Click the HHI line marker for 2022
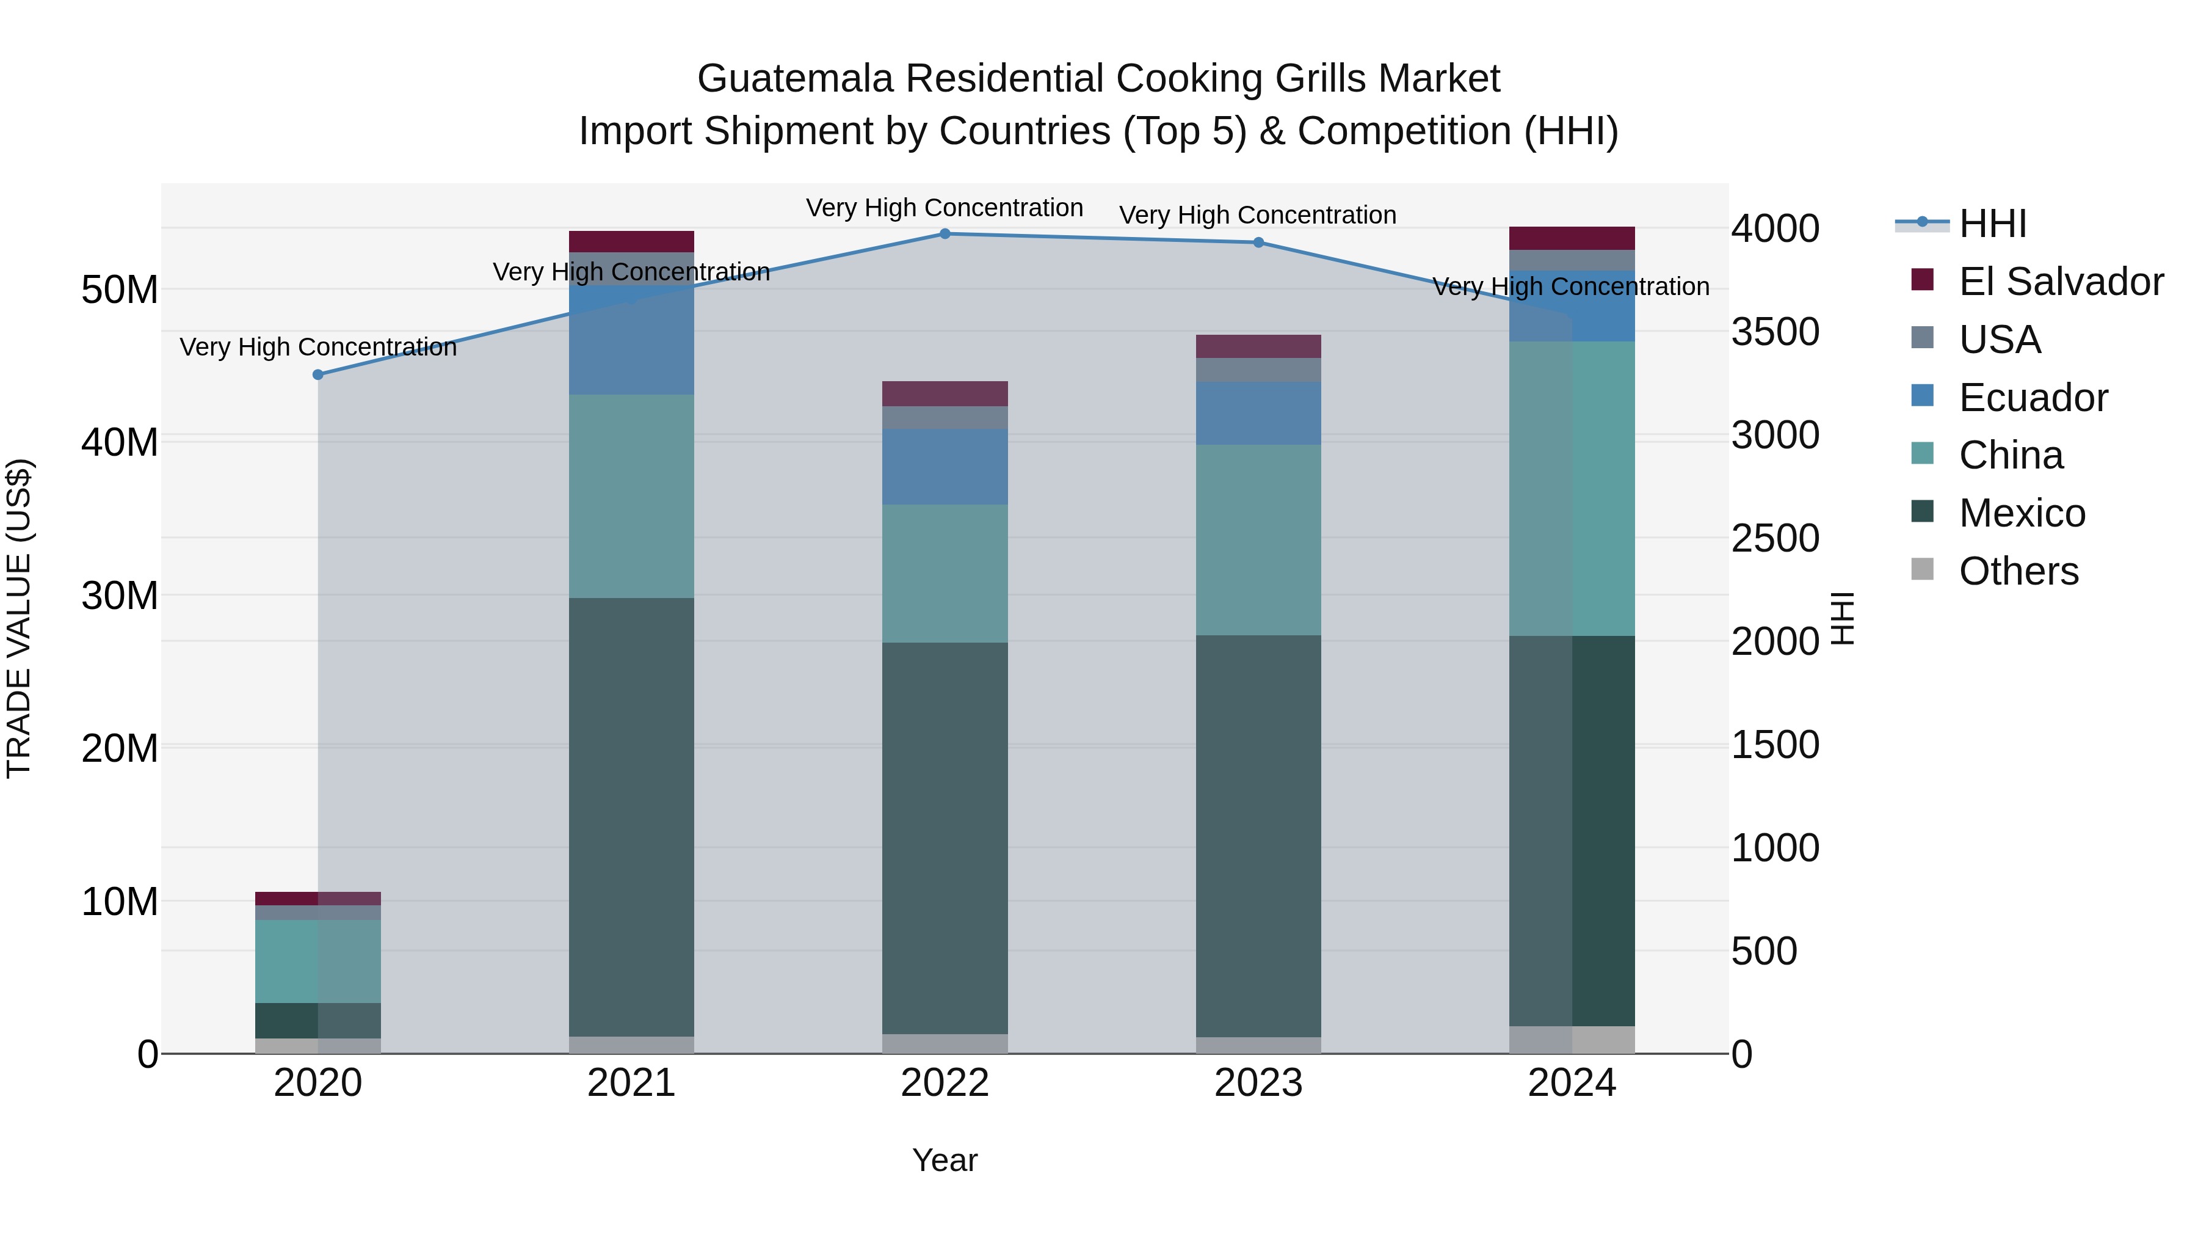pyautogui.click(x=945, y=234)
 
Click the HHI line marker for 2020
pyautogui.click(x=318, y=375)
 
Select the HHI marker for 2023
pyautogui.click(x=1258, y=243)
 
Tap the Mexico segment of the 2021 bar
pyautogui.click(x=631, y=816)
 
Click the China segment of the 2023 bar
pyautogui.click(x=1258, y=539)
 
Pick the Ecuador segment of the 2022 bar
pyautogui.click(x=945, y=466)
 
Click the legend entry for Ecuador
pyautogui.click(x=2033, y=398)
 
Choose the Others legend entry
pyautogui.click(x=2018, y=571)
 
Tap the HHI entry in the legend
pyautogui.click(x=1992, y=224)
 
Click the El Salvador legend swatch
pyautogui.click(x=1923, y=280)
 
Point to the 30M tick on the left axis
pyautogui.click(x=120, y=595)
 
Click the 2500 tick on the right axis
pyautogui.click(x=1775, y=539)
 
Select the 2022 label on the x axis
pyautogui.click(x=945, y=1083)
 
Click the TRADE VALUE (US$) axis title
pyautogui.click(x=19, y=618)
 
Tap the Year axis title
pyautogui.click(x=945, y=1160)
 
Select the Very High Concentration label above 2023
pyautogui.click(x=1258, y=215)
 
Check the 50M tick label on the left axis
pyautogui.click(x=120, y=290)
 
